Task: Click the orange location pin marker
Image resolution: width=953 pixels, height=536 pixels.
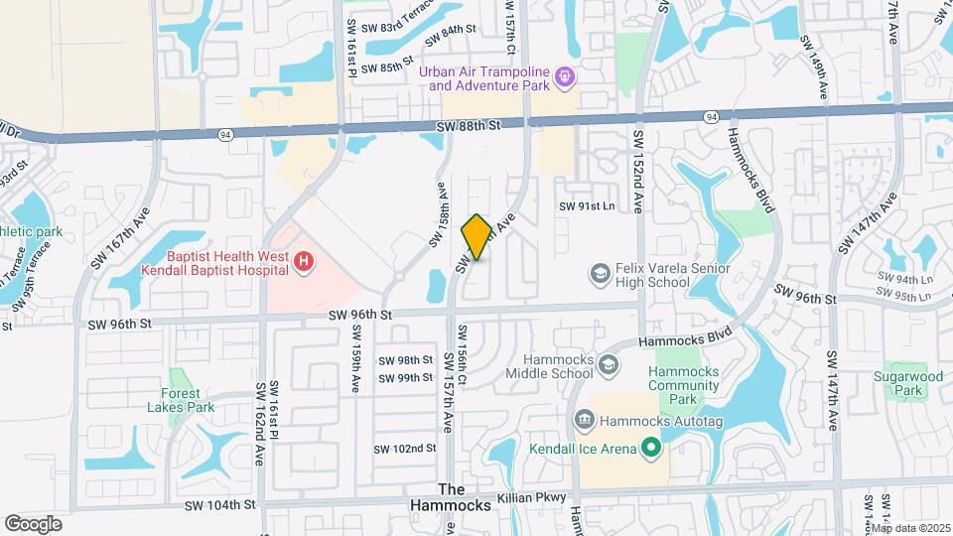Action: [476, 237]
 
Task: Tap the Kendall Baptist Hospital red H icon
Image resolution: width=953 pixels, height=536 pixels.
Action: [305, 261]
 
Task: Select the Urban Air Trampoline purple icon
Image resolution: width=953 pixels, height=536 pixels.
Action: [564, 75]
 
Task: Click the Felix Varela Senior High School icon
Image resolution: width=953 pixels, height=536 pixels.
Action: [600, 272]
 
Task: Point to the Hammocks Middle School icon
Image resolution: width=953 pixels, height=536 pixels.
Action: [606, 366]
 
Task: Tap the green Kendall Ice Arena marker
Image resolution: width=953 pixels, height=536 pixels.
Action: [651, 450]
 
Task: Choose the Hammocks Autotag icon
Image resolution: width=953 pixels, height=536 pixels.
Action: [585, 421]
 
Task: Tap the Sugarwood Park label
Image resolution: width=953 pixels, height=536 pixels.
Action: [908, 384]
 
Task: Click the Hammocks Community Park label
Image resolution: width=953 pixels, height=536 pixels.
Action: [682, 385]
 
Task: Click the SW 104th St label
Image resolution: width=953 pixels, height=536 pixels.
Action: [220, 505]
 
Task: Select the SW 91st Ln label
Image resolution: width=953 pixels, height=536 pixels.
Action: [587, 205]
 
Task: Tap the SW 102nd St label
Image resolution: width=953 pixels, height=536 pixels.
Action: [405, 449]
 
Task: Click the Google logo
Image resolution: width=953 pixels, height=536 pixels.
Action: [33, 523]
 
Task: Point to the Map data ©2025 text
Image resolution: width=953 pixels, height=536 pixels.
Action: [910, 528]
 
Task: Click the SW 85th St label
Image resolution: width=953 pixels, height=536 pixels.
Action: [387, 68]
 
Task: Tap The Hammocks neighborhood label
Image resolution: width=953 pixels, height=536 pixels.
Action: [465, 497]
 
